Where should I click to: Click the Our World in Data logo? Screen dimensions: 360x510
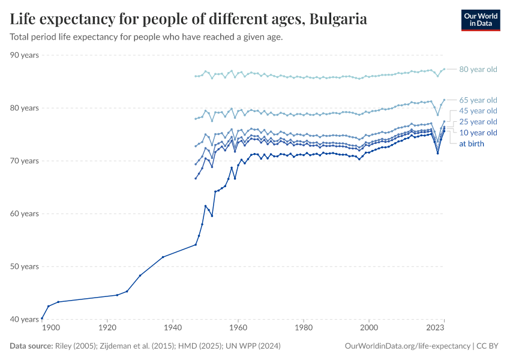[x=480, y=20]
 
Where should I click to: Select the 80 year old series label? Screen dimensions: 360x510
[x=478, y=70]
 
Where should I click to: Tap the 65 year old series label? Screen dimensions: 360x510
[x=478, y=100]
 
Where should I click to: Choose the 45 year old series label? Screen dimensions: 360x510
[x=478, y=111]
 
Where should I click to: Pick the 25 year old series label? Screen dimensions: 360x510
[x=478, y=122]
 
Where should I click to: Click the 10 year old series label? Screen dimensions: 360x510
[x=478, y=133]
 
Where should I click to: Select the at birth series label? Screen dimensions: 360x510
[x=471, y=144]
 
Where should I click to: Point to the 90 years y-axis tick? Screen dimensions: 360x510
[x=25, y=55]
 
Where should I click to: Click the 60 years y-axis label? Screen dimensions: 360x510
[x=25, y=214]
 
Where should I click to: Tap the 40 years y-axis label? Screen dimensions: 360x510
[x=25, y=319]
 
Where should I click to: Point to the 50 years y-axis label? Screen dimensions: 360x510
[x=25, y=266]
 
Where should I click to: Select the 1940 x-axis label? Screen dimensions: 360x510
[x=173, y=329]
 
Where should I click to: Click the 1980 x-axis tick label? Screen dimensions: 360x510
[x=304, y=329]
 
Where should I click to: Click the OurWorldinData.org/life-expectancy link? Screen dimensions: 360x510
[x=408, y=346]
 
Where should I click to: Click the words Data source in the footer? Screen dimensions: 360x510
[x=31, y=346]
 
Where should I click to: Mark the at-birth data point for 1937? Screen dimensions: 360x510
[x=163, y=257]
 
